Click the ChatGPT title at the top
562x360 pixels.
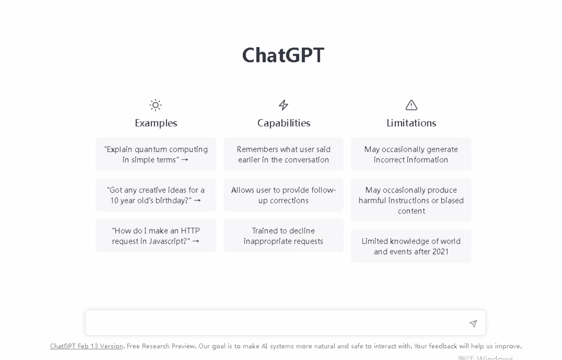(x=283, y=55)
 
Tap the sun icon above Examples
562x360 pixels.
(x=155, y=105)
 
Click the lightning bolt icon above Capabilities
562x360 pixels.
(x=284, y=105)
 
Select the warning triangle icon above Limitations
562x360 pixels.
(x=412, y=105)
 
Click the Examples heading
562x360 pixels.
(x=156, y=123)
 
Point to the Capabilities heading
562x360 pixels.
(x=284, y=123)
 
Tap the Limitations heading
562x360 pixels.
(x=412, y=123)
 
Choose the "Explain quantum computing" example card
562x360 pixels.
(x=156, y=154)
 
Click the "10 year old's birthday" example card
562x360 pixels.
(x=156, y=195)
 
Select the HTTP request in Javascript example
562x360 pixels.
(x=156, y=236)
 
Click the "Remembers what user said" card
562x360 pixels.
(x=284, y=154)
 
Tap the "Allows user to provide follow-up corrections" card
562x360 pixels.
(x=284, y=195)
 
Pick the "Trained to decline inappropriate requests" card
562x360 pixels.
(x=284, y=236)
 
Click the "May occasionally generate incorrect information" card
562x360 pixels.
(x=411, y=154)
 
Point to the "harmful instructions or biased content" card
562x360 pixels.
(x=411, y=200)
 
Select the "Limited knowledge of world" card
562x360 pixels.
(x=411, y=246)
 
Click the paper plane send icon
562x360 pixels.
(x=473, y=323)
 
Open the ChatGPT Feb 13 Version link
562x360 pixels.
(x=86, y=346)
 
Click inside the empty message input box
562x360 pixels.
(x=276, y=323)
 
